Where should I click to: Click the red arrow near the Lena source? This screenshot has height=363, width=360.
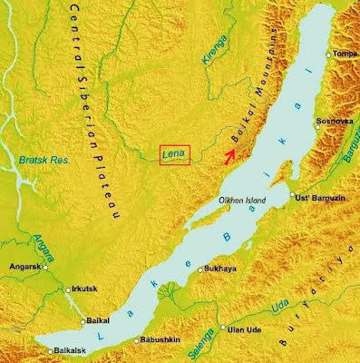click(x=230, y=153)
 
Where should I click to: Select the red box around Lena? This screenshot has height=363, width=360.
click(x=174, y=156)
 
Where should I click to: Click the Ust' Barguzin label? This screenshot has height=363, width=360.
click(x=325, y=197)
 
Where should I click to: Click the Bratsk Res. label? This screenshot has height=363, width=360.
click(x=39, y=161)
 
